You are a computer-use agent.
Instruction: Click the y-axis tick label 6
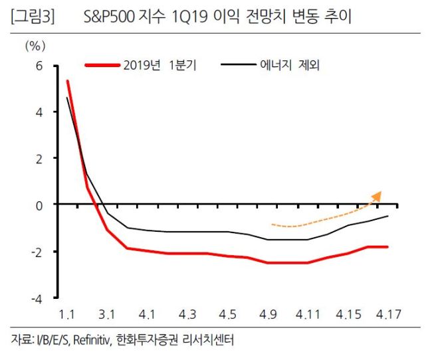click(39, 66)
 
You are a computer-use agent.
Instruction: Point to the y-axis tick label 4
click(39, 112)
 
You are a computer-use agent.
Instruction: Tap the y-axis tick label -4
click(37, 299)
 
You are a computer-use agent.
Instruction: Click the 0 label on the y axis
click(39, 206)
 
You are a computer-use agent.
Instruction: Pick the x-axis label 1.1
click(67, 314)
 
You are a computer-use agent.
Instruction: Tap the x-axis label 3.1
click(107, 314)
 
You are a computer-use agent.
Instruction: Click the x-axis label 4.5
click(227, 314)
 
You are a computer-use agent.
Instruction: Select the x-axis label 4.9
click(268, 314)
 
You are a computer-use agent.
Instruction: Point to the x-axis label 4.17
click(389, 314)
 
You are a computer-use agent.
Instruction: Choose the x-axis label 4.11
click(308, 314)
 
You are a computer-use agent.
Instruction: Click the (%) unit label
click(35, 46)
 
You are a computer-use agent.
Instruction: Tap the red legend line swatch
click(102, 65)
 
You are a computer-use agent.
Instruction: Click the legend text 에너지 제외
click(290, 65)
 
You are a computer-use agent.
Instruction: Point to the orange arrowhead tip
click(381, 191)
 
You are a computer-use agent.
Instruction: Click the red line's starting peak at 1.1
click(68, 81)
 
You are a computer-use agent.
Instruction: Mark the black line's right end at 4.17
click(388, 216)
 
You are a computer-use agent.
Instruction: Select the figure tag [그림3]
click(33, 17)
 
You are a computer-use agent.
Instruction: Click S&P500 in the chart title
click(109, 17)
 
